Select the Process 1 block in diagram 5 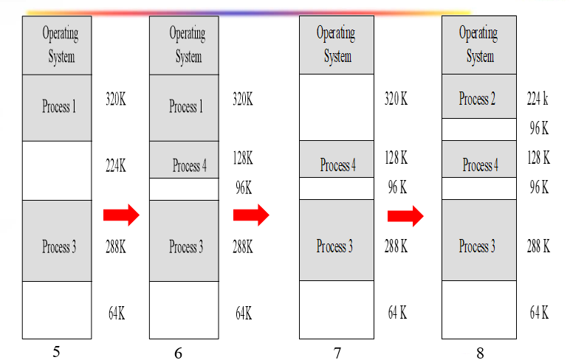click(x=58, y=108)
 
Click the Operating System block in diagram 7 click(x=336, y=45)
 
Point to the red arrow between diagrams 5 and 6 click(x=121, y=215)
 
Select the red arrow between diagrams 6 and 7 click(x=251, y=215)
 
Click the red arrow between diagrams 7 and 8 click(x=405, y=215)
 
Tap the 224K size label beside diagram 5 click(x=116, y=166)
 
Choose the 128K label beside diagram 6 click(x=243, y=158)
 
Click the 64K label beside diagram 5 click(x=116, y=313)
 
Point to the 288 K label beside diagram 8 click(x=539, y=246)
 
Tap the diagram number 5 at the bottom click(x=56, y=351)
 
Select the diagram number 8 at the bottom click(x=480, y=353)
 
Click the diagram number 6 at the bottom click(x=178, y=353)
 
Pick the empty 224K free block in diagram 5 click(x=58, y=170)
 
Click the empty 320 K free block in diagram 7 click(x=336, y=108)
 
